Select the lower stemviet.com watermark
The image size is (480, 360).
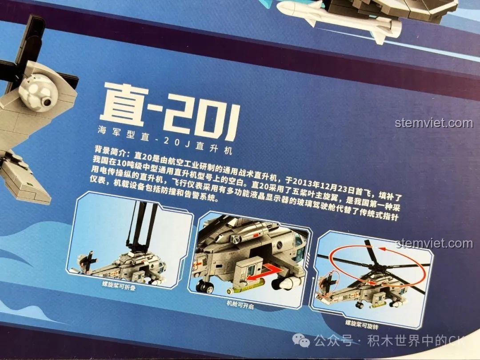[x=434, y=244]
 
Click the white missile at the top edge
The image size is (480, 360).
[x=342, y=18]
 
